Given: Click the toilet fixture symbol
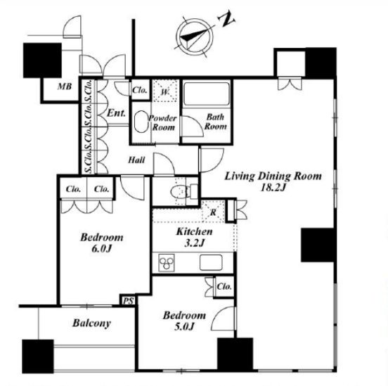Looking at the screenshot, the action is point(184,191).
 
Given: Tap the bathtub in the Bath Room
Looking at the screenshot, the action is point(207,94).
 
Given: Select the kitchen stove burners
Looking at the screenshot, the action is point(167,263).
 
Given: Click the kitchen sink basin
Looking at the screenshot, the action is point(211,262).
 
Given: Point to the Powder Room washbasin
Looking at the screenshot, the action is point(141,122).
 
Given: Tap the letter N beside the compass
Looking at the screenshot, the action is point(226,18).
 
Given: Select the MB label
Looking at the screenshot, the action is point(65,86).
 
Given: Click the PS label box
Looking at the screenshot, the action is point(129,301).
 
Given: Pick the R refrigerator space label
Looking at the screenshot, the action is point(213,212).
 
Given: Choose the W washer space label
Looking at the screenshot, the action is point(164,92).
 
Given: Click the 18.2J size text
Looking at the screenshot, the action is point(273,188).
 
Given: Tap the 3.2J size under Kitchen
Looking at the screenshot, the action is point(194,243).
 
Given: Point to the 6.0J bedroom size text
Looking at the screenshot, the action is point(102,248).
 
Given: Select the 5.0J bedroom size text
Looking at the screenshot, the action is point(184,326).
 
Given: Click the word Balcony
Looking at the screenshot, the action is point(91,323).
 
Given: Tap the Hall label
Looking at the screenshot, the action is point(136,160).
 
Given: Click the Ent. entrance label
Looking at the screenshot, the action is point(116,113).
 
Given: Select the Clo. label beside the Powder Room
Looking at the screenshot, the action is point(140,90).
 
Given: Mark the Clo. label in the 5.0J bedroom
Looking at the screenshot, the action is point(224,286).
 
